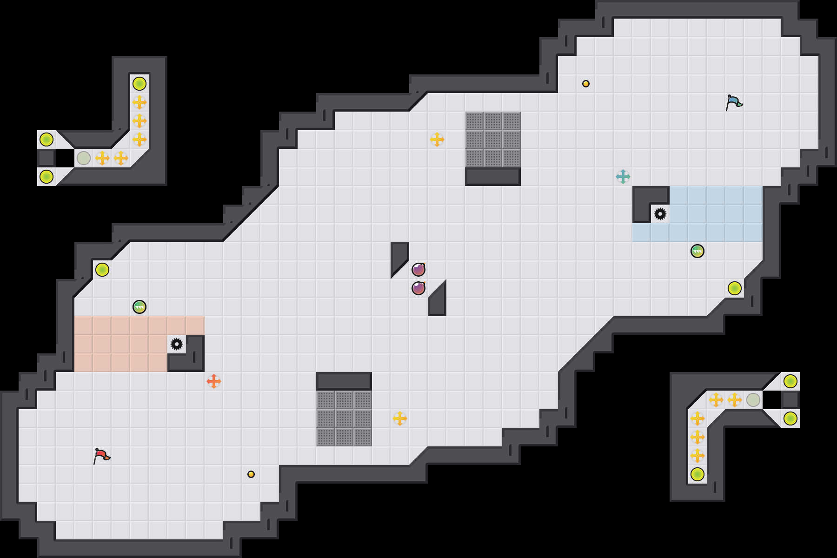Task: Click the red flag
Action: point(101,456)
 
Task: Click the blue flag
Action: point(733,102)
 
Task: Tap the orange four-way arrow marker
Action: point(214,381)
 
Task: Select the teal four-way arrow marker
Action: point(623,177)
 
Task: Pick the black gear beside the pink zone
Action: point(177,344)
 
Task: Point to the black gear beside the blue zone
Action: point(660,214)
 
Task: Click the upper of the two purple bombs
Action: point(418,269)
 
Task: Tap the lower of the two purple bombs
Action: point(418,288)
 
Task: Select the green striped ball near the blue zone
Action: point(697,251)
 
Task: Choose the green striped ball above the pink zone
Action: point(139,307)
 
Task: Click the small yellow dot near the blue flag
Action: point(586,84)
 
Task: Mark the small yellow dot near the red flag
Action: point(251,474)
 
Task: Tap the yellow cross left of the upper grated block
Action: point(437,139)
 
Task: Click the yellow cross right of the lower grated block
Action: point(400,418)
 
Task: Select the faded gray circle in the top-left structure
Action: point(84,158)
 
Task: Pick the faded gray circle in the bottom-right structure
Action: point(753,400)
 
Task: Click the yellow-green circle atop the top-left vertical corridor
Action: point(139,84)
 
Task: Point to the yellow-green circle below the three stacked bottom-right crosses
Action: point(697,474)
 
